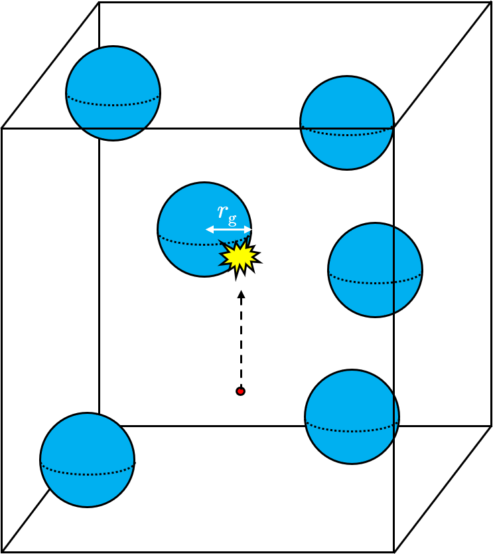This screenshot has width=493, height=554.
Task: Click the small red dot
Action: [x=240, y=391]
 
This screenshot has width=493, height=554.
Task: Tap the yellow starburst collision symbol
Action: [x=240, y=257]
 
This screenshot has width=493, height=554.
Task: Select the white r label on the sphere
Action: [x=223, y=211]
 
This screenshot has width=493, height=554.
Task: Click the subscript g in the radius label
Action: [x=232, y=220]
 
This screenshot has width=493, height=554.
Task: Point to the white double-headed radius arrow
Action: [x=229, y=230]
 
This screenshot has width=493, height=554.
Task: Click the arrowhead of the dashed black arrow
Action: [x=241, y=294]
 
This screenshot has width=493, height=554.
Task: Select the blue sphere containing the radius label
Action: [x=204, y=229]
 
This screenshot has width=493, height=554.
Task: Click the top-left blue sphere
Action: [x=113, y=93]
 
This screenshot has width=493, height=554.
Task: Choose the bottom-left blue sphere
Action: [x=87, y=460]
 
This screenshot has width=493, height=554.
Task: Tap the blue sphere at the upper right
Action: [x=347, y=123]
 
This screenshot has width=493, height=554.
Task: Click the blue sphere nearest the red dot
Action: [x=352, y=416]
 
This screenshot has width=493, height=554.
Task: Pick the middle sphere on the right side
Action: [x=375, y=270]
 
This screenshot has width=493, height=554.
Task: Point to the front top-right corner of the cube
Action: [x=394, y=128]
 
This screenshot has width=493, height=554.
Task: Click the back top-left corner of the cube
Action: [x=99, y=3]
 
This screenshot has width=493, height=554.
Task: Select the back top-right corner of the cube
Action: [x=491, y=3]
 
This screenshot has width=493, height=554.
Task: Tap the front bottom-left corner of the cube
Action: [x=2, y=552]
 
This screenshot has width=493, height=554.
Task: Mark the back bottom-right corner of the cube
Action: [x=491, y=426]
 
